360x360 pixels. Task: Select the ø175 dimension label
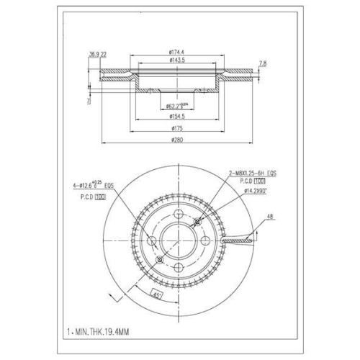click(x=176, y=128)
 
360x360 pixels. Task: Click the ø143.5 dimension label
click(x=176, y=60)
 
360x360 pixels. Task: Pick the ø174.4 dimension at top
click(x=176, y=52)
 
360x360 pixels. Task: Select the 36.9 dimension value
click(x=92, y=55)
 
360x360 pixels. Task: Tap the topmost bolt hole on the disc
click(x=176, y=213)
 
